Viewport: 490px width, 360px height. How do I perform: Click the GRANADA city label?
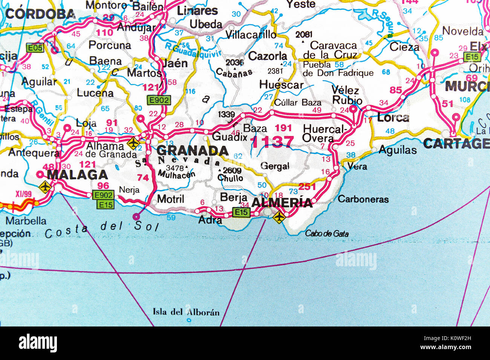[x=192, y=151]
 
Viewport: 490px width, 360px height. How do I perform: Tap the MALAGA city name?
[x=77, y=175]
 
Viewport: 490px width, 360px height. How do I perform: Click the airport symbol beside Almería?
[x=279, y=217]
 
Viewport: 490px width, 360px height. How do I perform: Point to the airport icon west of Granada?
[x=133, y=143]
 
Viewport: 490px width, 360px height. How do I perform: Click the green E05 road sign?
[x=35, y=48]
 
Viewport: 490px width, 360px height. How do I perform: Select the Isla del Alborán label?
[x=186, y=312]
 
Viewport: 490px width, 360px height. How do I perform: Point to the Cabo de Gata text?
[x=326, y=233]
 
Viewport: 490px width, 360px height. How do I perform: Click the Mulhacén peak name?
[x=177, y=174]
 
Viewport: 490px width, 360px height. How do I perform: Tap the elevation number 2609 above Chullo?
[x=232, y=171]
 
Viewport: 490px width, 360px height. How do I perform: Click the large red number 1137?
[x=272, y=142]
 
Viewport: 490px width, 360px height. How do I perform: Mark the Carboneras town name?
[x=363, y=199]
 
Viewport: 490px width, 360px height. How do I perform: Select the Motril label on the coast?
[x=170, y=199]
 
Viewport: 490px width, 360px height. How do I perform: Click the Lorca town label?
[x=393, y=117]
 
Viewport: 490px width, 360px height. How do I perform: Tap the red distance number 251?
[x=307, y=186]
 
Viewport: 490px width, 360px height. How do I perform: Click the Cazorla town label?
[x=268, y=56]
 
